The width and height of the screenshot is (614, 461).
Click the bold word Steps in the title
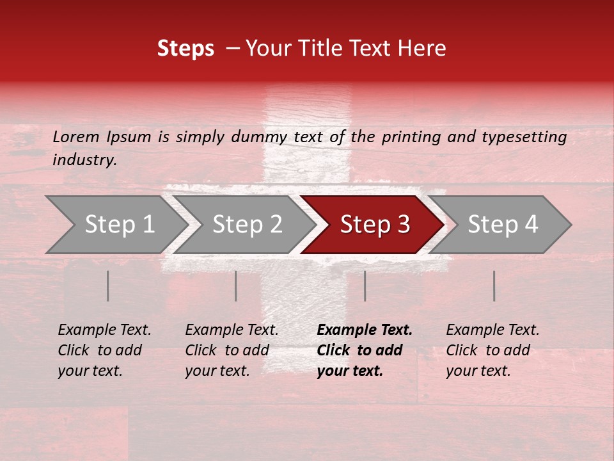(x=185, y=49)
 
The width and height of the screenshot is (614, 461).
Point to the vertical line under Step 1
(x=108, y=286)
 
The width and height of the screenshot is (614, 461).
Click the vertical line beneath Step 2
(x=236, y=286)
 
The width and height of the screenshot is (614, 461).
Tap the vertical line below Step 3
(x=365, y=286)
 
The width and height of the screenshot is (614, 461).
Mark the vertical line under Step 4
(x=494, y=286)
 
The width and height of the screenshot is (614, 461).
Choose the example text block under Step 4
(x=492, y=350)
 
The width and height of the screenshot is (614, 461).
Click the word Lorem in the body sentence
(x=75, y=137)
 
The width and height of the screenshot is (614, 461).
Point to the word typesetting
(x=524, y=137)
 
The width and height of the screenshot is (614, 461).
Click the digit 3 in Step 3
(x=402, y=225)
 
